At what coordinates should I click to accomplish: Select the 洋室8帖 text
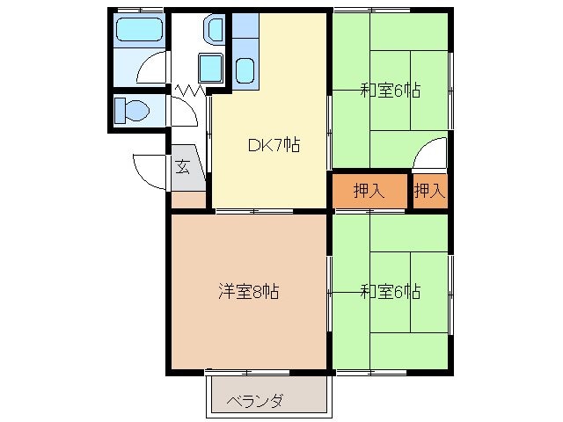click(x=249, y=291)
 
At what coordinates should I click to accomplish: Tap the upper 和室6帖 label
click(x=390, y=90)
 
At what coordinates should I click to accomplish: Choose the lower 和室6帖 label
click(x=390, y=291)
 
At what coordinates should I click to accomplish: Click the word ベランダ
click(x=255, y=401)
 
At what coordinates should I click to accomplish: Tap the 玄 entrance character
click(x=182, y=165)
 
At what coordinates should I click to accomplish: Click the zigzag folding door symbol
click(x=191, y=89)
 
